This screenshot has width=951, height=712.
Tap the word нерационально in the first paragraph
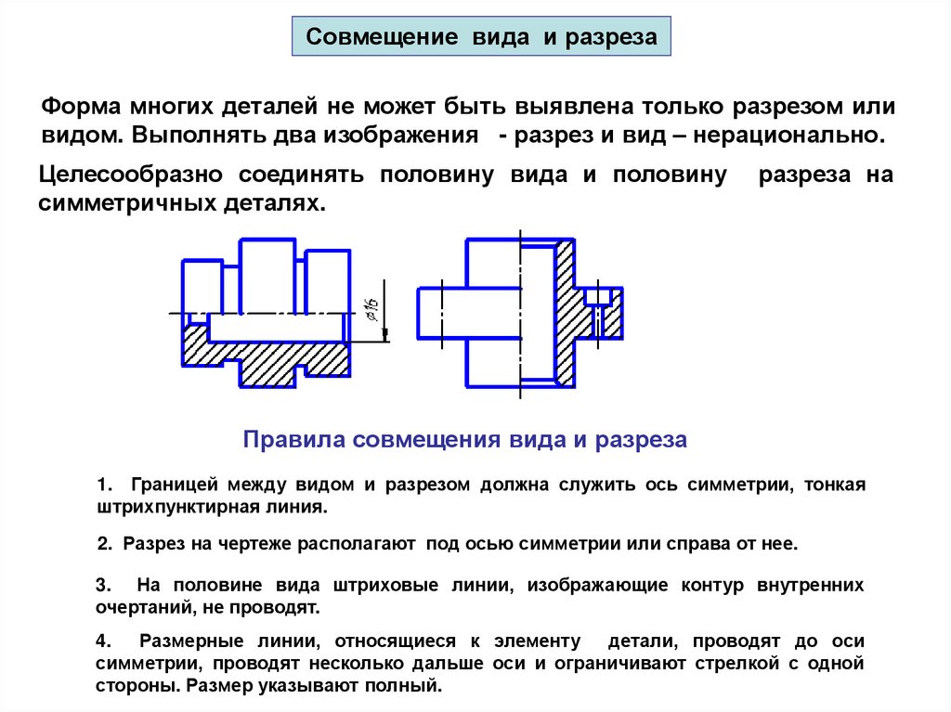(800, 135)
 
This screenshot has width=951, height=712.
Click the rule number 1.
(102, 485)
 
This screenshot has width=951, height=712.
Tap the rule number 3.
(102, 586)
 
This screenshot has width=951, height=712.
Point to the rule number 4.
(102, 641)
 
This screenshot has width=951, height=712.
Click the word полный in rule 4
(406, 688)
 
